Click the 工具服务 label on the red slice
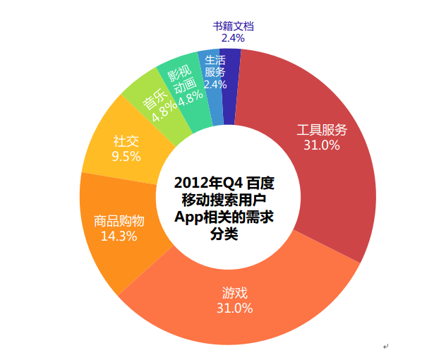click(x=322, y=130)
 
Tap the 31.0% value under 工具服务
click(x=322, y=145)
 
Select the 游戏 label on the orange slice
click(x=234, y=293)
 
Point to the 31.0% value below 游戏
click(x=234, y=308)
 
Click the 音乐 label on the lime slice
click(x=155, y=99)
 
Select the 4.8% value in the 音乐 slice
click(x=164, y=111)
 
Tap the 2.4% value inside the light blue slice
click(x=215, y=85)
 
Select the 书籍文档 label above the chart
click(x=233, y=26)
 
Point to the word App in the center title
click(x=189, y=216)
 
